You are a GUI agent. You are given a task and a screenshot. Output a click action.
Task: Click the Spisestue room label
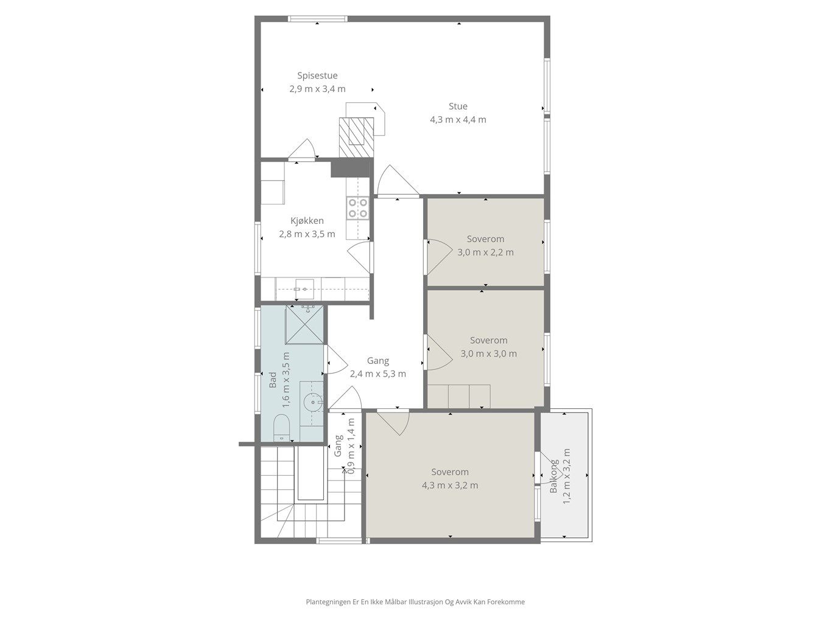(x=317, y=75)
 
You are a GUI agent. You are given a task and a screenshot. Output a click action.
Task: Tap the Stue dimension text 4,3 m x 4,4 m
(x=458, y=120)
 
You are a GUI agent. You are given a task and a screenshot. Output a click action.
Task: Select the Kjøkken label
(x=307, y=220)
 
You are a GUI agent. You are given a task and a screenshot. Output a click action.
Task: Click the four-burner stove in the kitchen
(x=358, y=209)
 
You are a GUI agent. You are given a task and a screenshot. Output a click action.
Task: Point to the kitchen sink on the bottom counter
(x=305, y=289)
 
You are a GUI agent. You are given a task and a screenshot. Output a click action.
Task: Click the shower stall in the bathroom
(x=304, y=325)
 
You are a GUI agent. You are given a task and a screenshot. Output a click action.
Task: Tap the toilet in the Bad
(x=281, y=428)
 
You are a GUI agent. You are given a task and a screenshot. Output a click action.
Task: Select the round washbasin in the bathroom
(x=313, y=402)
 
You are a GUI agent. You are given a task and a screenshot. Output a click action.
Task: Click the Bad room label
(x=273, y=380)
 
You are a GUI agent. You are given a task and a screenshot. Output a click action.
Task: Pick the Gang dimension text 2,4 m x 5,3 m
(x=378, y=374)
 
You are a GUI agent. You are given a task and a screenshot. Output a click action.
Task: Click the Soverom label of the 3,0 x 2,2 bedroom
(x=485, y=239)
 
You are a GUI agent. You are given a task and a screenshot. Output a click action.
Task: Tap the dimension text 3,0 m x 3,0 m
(x=488, y=353)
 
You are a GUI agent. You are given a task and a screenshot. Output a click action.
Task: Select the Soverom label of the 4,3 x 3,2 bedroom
(x=450, y=472)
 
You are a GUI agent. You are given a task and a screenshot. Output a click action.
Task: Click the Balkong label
(x=553, y=476)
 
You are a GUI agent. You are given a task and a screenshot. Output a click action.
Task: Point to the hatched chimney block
(x=356, y=137)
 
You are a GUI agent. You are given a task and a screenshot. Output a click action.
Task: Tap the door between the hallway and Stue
(x=398, y=181)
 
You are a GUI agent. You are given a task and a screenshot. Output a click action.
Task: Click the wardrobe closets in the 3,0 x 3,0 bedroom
(x=459, y=397)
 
